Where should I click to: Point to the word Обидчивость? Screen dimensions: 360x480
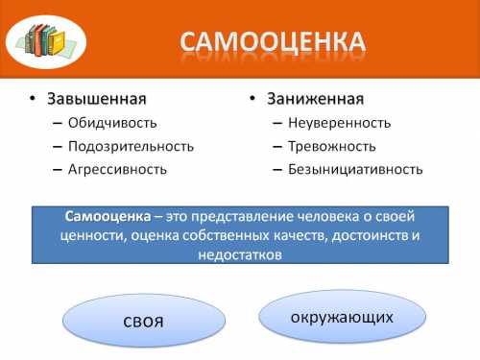(x=112, y=123)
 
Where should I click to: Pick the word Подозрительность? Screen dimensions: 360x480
(x=131, y=146)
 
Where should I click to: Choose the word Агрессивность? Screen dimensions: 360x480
(x=117, y=169)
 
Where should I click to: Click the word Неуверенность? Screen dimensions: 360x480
(x=339, y=123)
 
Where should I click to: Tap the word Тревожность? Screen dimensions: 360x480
(x=331, y=146)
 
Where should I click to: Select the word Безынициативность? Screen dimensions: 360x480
(x=354, y=169)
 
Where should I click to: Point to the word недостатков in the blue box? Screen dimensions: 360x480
(x=240, y=254)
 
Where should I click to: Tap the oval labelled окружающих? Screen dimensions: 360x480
(x=342, y=316)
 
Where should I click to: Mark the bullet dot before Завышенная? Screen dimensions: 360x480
(x=31, y=100)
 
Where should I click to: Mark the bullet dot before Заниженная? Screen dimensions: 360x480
(x=251, y=100)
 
